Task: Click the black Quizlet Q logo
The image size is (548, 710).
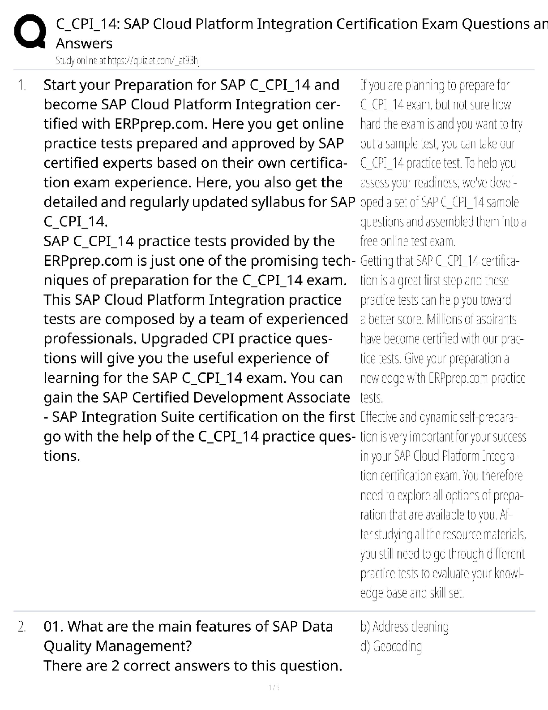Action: tap(30, 32)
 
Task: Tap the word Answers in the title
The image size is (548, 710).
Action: tap(84, 43)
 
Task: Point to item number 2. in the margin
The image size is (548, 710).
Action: tap(22, 627)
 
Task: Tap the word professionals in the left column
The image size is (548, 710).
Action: tap(90, 338)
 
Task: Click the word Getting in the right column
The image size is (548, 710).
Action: tap(375, 261)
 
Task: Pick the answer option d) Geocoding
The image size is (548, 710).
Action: tap(391, 646)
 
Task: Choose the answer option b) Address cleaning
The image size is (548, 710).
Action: tap(404, 627)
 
